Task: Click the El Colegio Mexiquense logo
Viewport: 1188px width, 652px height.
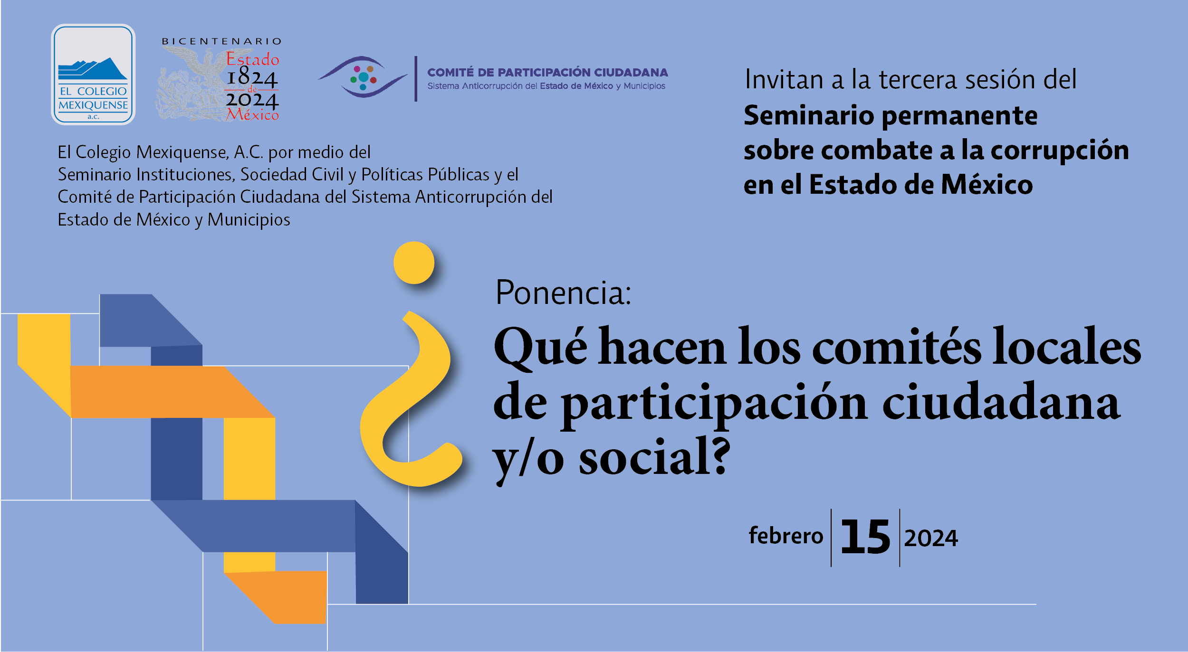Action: point(93,75)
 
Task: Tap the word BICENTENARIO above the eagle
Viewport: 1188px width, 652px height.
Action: point(222,41)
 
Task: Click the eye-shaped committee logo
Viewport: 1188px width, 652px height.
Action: point(363,77)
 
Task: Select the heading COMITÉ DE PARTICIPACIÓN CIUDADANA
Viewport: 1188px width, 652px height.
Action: point(547,72)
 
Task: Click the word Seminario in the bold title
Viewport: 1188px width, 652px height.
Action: point(809,115)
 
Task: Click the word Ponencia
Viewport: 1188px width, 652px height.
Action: point(564,293)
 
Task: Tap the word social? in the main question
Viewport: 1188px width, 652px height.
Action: point(654,457)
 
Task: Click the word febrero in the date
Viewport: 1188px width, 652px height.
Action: point(786,536)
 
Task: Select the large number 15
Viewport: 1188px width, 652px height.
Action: point(865,537)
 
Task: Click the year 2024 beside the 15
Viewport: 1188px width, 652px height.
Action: point(931,539)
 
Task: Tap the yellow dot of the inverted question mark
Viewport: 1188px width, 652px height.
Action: point(414,263)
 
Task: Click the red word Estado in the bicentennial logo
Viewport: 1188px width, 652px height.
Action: point(252,59)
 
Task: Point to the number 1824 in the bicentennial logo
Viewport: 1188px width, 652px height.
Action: point(252,77)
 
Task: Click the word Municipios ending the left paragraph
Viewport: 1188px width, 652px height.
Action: point(249,220)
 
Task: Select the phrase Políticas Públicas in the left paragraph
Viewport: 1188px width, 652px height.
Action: point(425,174)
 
